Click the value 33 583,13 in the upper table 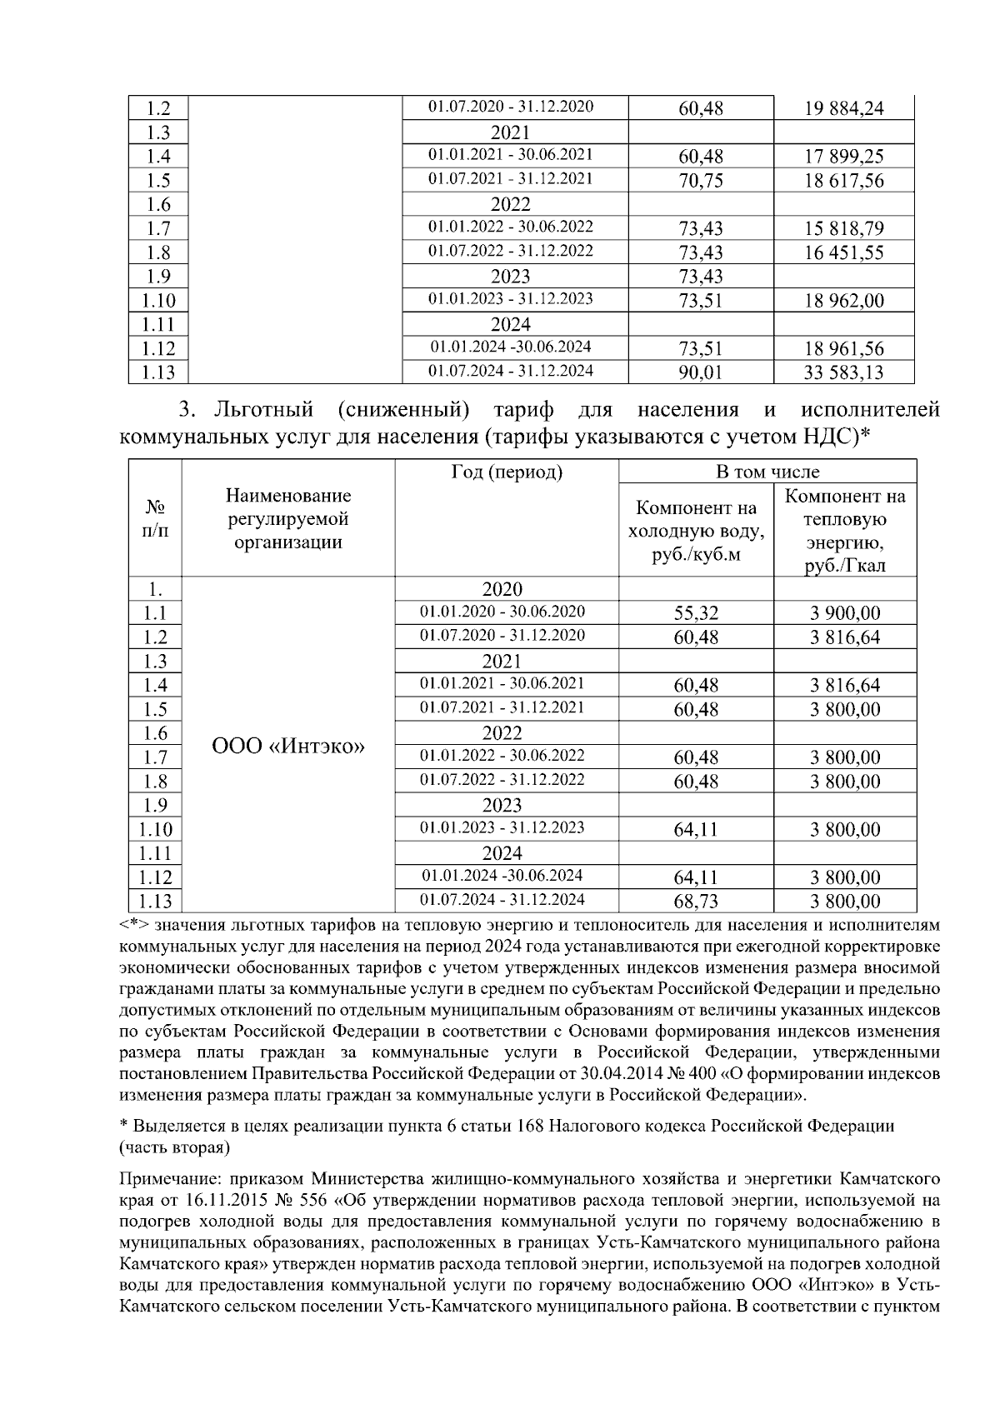(843, 372)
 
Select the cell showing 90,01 (700, 372)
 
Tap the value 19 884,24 (843, 108)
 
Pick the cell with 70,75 (700, 181)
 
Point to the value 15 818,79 (843, 228)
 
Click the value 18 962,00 (843, 301)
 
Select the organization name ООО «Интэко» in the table (288, 746)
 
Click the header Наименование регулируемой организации (288, 518)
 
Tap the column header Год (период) (507, 472)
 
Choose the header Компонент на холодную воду (696, 531)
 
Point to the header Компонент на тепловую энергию (845, 531)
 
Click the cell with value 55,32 (696, 614)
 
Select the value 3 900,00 (845, 614)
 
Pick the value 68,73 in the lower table (696, 902)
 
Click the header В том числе (767, 472)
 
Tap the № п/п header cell (155, 518)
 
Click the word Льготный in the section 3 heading (263, 410)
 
